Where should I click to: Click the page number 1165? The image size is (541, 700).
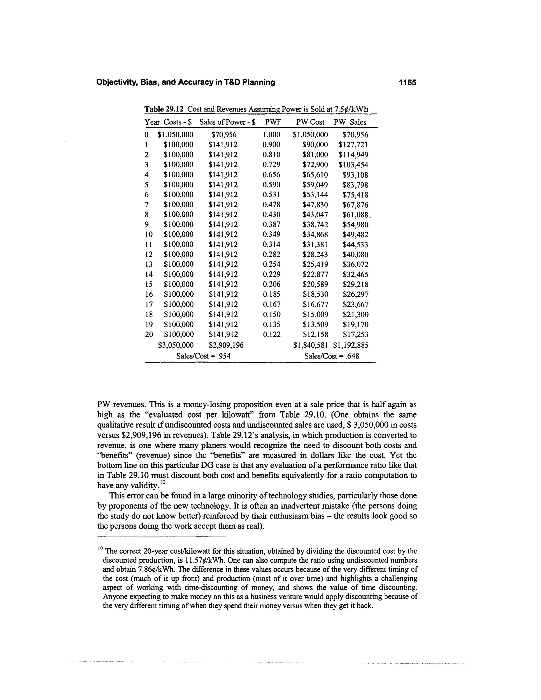click(407, 83)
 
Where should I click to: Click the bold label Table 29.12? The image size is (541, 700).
click(164, 109)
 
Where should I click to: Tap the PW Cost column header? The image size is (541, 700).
click(310, 122)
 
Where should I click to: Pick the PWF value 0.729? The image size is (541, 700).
click(271, 165)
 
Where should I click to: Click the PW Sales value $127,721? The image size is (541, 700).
click(353, 145)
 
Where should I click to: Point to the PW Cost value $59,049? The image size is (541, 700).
click(315, 185)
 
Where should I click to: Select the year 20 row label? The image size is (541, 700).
click(149, 335)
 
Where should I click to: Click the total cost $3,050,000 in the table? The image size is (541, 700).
click(176, 345)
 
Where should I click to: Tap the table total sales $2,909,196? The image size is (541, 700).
click(226, 345)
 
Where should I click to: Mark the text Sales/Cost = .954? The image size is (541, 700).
click(203, 356)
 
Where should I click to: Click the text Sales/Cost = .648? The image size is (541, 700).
click(332, 356)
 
